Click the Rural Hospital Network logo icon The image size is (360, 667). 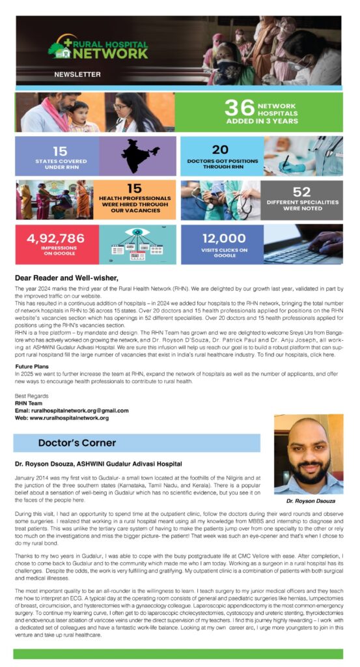coord(59,50)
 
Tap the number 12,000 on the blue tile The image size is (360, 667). coord(223,239)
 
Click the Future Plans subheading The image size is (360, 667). coord(34,366)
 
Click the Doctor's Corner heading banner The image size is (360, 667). coord(77,443)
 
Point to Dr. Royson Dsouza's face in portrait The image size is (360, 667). coord(307,456)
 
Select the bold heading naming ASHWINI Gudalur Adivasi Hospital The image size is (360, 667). coord(98,464)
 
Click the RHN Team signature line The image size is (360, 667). coord(29,403)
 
